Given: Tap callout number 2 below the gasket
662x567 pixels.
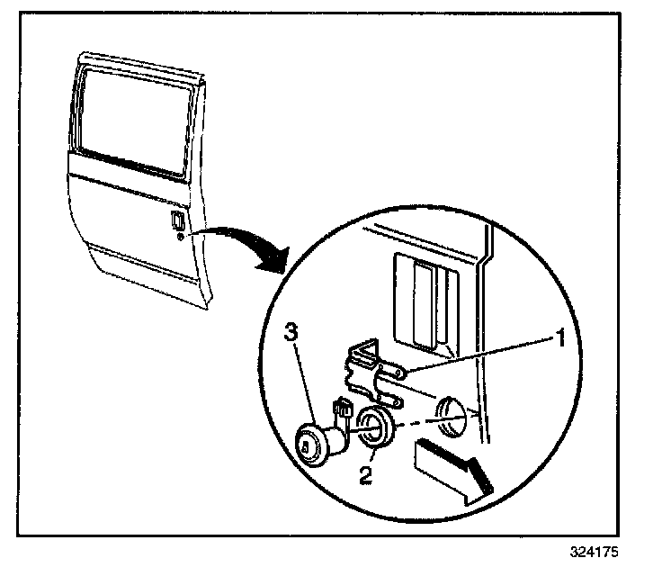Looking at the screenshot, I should pyautogui.click(x=366, y=474).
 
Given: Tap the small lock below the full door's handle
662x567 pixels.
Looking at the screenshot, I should pyautogui.click(x=181, y=237).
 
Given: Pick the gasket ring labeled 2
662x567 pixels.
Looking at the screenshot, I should pyautogui.click(x=374, y=427).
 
